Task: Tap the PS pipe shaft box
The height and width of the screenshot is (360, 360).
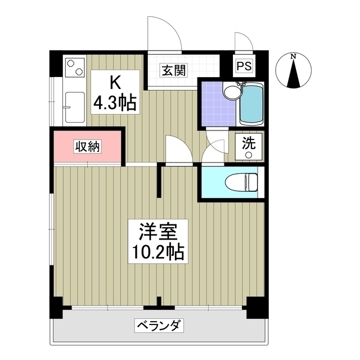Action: [x=244, y=65]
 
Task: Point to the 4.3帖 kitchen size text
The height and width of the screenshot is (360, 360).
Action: [x=114, y=102]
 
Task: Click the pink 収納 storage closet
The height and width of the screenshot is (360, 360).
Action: [x=88, y=147]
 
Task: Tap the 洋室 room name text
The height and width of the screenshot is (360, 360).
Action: [x=159, y=232]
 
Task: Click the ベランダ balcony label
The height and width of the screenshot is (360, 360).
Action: [x=160, y=325]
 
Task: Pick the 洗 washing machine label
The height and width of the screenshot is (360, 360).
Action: [x=248, y=142]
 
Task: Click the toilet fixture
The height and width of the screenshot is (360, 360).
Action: [x=240, y=182]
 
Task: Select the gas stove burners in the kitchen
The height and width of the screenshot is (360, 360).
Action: [x=74, y=69]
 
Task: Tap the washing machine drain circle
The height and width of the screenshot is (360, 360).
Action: [x=248, y=154]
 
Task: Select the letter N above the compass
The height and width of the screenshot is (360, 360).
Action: [x=293, y=56]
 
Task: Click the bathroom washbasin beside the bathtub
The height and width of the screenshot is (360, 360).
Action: [x=229, y=92]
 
